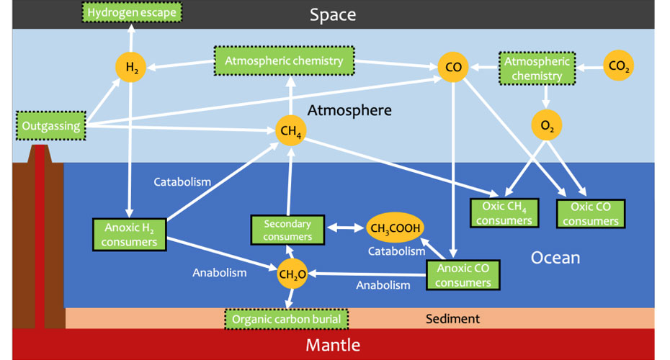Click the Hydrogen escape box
pyautogui.click(x=132, y=12)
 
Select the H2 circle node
pyautogui.click(x=131, y=68)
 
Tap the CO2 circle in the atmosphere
pyautogui.click(x=617, y=67)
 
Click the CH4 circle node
pyautogui.click(x=290, y=131)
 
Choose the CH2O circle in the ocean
pyautogui.click(x=292, y=273)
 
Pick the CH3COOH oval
pyautogui.click(x=396, y=228)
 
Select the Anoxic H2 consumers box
pyautogui.click(x=130, y=234)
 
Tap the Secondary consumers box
pyautogui.click(x=287, y=230)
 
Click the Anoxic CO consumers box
pyautogui.click(x=463, y=275)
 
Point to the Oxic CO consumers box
pyautogui.click(x=591, y=213)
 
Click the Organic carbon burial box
pyautogui.click(x=287, y=318)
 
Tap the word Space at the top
pyautogui.click(x=333, y=14)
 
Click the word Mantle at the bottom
pyautogui.click(x=333, y=345)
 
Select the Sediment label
pyautogui.click(x=452, y=318)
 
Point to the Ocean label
pyautogui.click(x=555, y=258)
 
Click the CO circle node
pyautogui.click(x=453, y=68)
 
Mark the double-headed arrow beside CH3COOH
pyautogui.click(x=345, y=228)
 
